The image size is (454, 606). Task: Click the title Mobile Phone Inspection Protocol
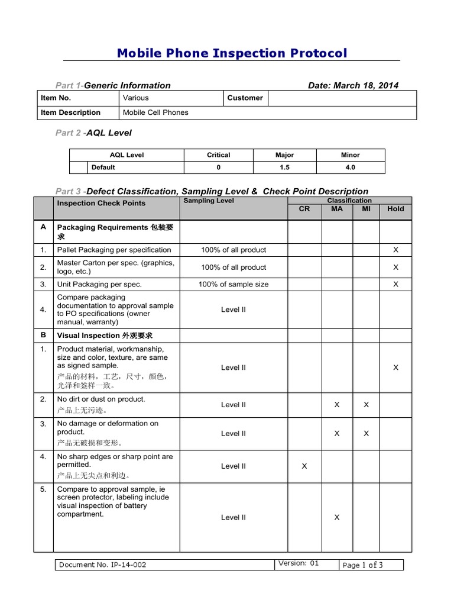(x=232, y=53)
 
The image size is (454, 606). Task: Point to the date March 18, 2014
(x=353, y=85)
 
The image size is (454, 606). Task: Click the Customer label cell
(x=245, y=98)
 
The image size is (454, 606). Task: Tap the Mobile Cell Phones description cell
(x=155, y=112)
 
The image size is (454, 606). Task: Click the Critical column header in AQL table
(x=218, y=155)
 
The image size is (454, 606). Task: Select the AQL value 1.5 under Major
(x=284, y=167)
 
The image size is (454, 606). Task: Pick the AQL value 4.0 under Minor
(x=350, y=167)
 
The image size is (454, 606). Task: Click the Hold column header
(x=395, y=209)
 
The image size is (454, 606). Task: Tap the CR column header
(x=304, y=209)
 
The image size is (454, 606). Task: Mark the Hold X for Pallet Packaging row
(x=395, y=250)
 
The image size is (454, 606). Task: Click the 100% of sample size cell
(x=234, y=284)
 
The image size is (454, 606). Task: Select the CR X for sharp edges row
(x=304, y=466)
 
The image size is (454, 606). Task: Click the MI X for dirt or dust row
(x=366, y=405)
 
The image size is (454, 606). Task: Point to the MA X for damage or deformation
(x=337, y=433)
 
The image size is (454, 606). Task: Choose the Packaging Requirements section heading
(x=118, y=231)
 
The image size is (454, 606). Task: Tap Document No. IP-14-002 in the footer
(x=103, y=565)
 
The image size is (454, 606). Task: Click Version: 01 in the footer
(x=298, y=563)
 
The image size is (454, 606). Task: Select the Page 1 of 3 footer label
(x=362, y=565)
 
